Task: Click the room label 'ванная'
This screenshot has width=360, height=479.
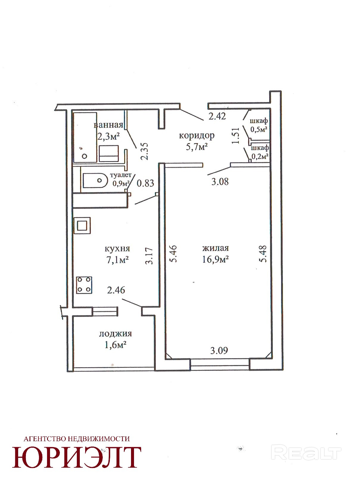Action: click(x=108, y=125)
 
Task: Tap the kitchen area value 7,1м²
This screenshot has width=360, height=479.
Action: click(x=117, y=260)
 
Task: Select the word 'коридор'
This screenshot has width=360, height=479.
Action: click(x=197, y=136)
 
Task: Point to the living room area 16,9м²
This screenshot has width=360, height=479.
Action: click(x=215, y=260)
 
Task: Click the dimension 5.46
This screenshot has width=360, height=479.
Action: click(x=174, y=254)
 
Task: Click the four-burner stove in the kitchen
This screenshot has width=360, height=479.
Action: click(x=84, y=285)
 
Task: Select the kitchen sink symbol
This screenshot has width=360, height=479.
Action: click(x=83, y=225)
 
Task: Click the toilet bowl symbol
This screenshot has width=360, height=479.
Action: click(x=95, y=181)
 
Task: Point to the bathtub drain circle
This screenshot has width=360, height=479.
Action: click(x=85, y=156)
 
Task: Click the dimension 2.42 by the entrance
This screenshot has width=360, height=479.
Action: click(x=217, y=116)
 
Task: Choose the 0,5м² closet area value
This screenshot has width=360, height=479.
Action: click(x=259, y=129)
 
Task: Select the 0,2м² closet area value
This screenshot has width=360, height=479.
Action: click(x=260, y=156)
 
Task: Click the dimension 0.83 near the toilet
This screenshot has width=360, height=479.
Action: click(x=145, y=183)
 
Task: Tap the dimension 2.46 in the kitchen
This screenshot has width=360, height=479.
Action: click(x=116, y=290)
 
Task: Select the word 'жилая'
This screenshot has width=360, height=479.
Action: click(x=215, y=248)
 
